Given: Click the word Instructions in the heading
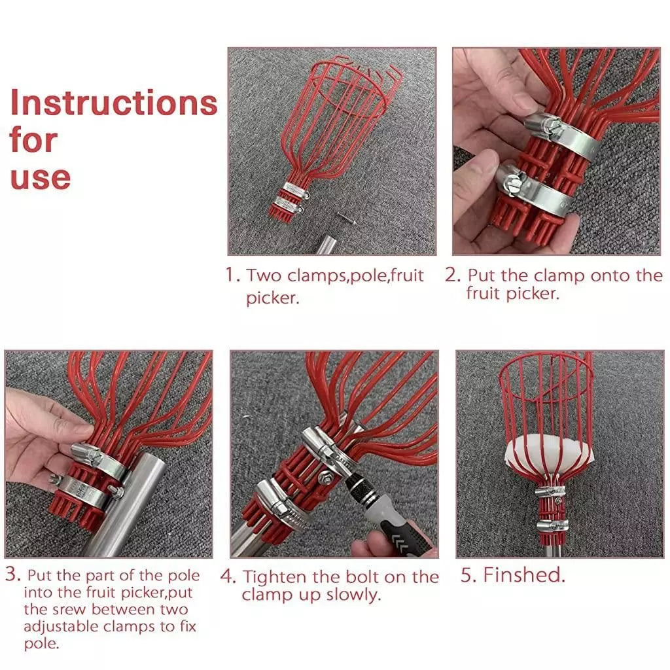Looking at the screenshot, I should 113,103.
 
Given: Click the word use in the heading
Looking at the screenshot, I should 40,177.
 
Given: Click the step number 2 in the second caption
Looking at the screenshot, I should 453,275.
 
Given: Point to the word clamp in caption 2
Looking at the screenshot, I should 560,275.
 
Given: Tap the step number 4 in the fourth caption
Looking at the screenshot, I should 227,577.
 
